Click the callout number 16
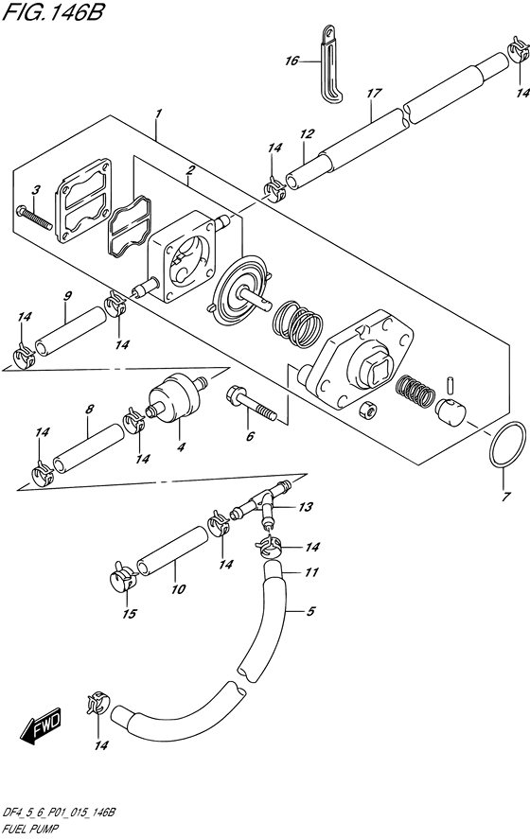click(291, 61)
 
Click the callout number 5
click(309, 611)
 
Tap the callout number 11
click(313, 572)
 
